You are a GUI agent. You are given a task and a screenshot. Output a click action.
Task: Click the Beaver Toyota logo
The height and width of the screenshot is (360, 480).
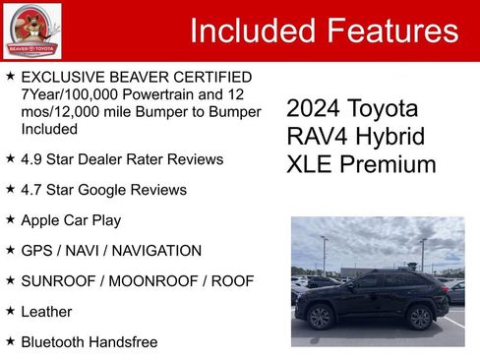(31, 31)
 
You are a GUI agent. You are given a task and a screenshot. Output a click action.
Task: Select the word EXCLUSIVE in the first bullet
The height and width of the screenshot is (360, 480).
(59, 77)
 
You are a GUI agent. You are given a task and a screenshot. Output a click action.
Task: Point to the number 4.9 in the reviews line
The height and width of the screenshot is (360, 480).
(32, 158)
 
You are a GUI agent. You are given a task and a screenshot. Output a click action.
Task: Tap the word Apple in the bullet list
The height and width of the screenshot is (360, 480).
(41, 219)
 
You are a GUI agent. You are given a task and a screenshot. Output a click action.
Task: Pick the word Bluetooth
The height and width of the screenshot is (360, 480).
(54, 341)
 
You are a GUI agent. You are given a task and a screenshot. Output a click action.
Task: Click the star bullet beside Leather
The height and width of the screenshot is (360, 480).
(10, 311)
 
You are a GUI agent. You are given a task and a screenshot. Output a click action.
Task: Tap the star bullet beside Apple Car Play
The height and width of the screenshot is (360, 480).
(10, 219)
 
